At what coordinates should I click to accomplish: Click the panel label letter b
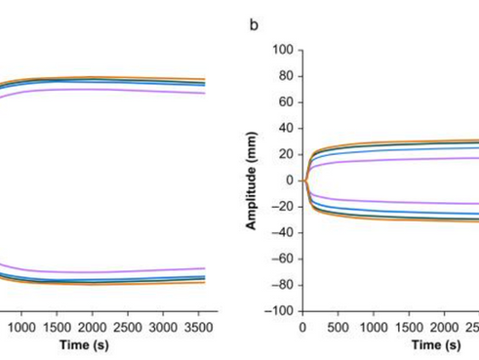(254, 24)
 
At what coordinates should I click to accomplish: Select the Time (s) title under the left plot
(101, 344)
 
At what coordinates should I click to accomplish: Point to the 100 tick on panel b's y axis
(284, 50)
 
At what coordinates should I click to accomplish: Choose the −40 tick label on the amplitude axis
(283, 233)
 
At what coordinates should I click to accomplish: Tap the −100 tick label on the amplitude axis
(280, 311)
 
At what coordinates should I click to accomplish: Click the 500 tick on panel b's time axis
(339, 327)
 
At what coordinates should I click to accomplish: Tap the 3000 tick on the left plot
(161, 327)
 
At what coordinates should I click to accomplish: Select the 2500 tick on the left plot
(126, 327)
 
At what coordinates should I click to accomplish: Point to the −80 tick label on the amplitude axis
(283, 285)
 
